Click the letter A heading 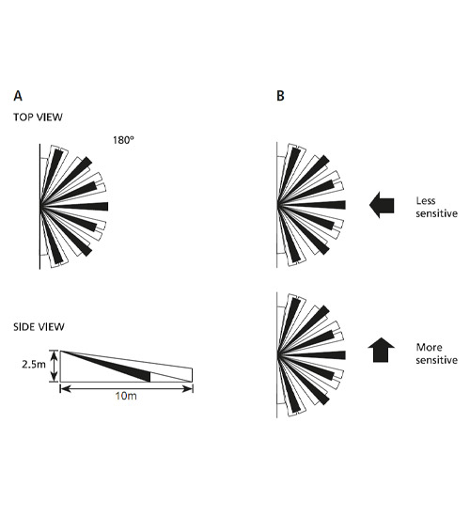point(18,96)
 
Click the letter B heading point(280,96)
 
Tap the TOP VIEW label point(38,117)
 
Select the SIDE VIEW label point(39,327)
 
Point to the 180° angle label point(124,140)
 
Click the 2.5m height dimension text point(34,365)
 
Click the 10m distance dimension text point(126,396)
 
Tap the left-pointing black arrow point(382,205)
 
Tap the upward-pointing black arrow point(381,350)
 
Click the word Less point(426,201)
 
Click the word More point(429,347)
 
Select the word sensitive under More point(437,360)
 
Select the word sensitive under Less point(437,213)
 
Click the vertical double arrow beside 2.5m point(54,366)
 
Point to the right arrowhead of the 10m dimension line point(188,389)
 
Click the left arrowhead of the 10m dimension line point(65,389)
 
